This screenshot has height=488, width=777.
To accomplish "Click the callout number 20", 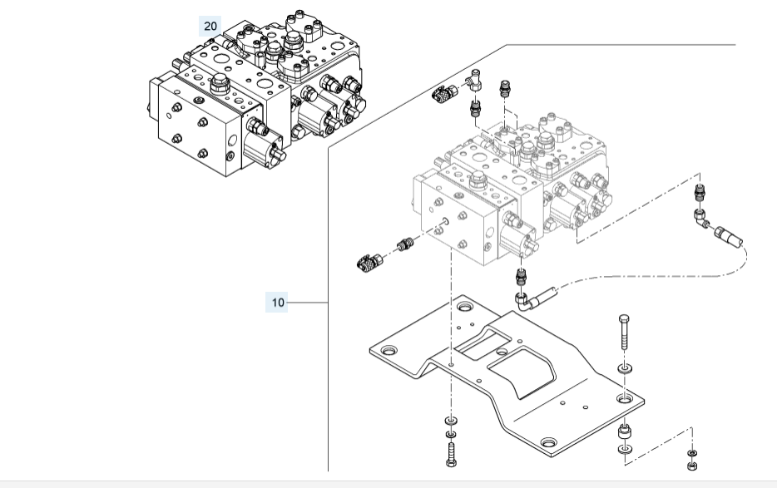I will (x=210, y=27).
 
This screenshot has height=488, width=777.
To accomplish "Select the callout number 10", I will (x=278, y=303).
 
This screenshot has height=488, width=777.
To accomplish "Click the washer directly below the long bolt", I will (x=624, y=367).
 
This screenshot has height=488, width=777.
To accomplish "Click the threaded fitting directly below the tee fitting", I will (x=477, y=108).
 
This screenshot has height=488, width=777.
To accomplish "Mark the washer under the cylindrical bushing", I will (x=624, y=451).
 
